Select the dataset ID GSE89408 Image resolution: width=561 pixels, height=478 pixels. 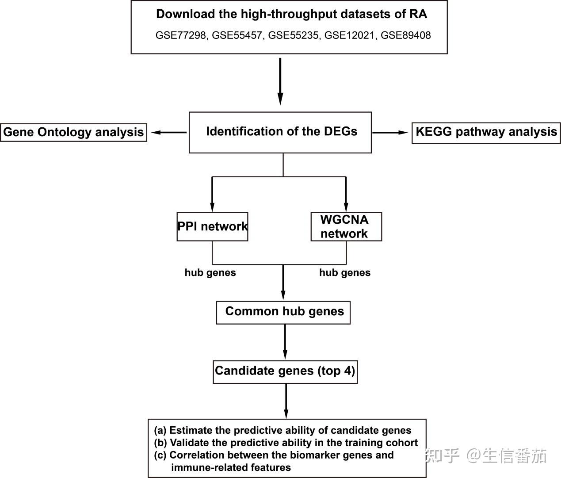[405, 35]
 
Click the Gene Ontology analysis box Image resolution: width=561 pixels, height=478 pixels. [73, 133]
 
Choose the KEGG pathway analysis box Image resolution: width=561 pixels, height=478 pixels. [486, 133]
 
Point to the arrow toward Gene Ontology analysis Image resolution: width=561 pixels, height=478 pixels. [169, 133]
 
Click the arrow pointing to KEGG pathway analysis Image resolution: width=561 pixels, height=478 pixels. [390, 133]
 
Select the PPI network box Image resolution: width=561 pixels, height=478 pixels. [212, 227]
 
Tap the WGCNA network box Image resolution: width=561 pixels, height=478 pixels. [346, 227]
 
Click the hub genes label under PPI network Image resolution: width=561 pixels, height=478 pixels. [210, 272]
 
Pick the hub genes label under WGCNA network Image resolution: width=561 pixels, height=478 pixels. [345, 272]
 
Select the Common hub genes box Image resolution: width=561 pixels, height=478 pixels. [283, 313]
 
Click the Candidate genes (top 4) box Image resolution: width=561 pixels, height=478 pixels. [285, 372]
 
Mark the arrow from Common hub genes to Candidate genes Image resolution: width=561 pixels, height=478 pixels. [285, 342]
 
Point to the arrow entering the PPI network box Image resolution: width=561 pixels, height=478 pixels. [212, 194]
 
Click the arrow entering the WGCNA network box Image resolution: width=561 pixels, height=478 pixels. [346, 194]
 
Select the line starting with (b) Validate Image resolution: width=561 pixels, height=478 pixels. [286, 443]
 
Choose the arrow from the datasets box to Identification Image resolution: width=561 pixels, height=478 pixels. [280, 81]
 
